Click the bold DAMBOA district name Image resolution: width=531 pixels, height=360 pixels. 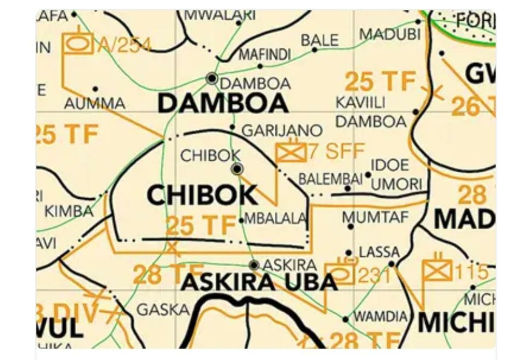coord(222,104)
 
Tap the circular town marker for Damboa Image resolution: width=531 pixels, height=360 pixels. coord(212,78)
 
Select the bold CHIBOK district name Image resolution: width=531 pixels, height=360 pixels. coord(202,195)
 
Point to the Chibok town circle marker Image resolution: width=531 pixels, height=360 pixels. coord(237,169)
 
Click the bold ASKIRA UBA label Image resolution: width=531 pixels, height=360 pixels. coord(259,282)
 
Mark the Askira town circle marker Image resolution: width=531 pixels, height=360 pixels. coord(254,265)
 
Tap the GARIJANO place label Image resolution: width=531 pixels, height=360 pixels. coord(282,130)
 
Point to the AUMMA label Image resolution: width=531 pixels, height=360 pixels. coord(95,103)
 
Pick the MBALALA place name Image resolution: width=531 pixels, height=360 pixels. coord(275,219)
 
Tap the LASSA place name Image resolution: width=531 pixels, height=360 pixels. coord(379,253)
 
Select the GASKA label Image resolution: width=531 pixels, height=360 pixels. coord(163,310)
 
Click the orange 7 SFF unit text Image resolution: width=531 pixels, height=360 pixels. coord(337,151)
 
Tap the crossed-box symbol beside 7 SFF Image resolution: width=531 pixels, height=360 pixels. coord(291,151)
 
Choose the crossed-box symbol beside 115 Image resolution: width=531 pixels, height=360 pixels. coord(437,270)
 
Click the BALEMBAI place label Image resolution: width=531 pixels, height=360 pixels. coord(330,179)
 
